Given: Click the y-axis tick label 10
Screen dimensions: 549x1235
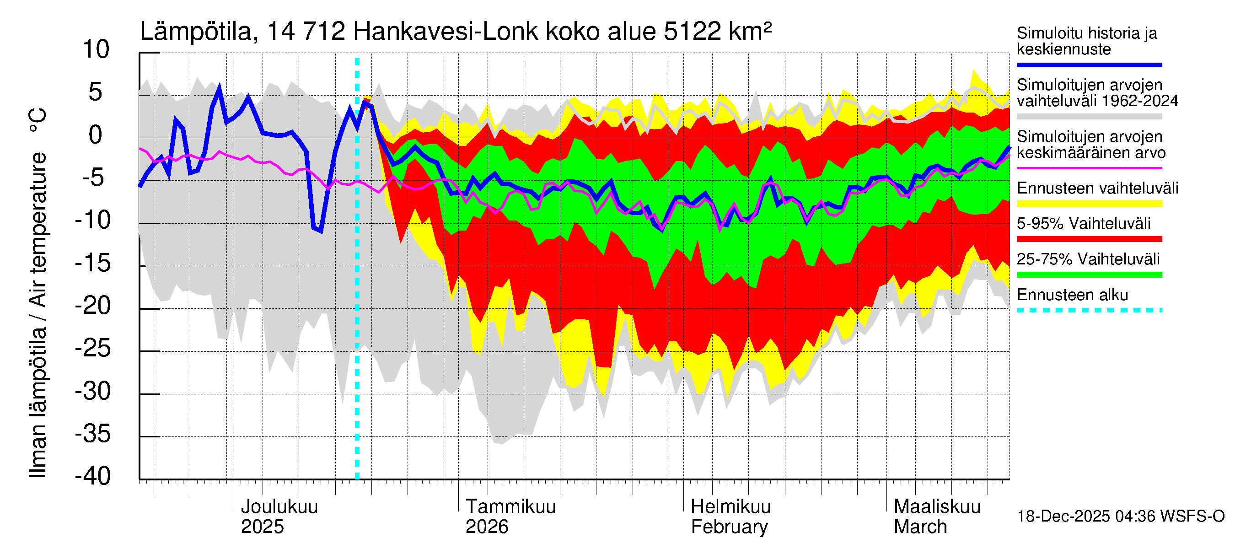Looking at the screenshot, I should point(96,49).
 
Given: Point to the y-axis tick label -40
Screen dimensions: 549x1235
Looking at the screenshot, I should point(93,476).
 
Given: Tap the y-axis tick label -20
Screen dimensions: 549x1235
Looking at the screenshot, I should point(93,306).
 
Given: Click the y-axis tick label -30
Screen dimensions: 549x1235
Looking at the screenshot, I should point(93,391).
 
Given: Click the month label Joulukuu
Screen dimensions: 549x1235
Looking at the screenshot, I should point(279,506).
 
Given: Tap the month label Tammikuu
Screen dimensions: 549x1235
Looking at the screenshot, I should point(510,506).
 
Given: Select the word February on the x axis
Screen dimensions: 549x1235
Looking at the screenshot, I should point(729,527).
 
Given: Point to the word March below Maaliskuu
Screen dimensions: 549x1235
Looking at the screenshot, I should point(920,527).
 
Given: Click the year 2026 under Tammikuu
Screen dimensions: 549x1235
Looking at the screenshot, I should point(487,527).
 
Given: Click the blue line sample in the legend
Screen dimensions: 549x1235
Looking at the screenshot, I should point(1089,65).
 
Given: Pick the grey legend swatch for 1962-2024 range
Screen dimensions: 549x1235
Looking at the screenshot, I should point(1089,117).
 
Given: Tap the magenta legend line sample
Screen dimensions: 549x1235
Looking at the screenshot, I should point(1089,168).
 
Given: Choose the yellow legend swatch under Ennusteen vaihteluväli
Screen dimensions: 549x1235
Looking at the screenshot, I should point(1089,204).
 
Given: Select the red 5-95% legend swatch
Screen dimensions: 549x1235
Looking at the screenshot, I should point(1089,239).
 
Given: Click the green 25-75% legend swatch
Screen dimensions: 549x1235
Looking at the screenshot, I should point(1089,275).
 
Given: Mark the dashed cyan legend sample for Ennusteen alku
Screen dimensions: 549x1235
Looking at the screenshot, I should point(1089,310).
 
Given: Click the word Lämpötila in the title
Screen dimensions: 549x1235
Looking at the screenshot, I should point(196,32).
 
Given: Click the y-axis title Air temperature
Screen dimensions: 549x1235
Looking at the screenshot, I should point(38,230).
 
